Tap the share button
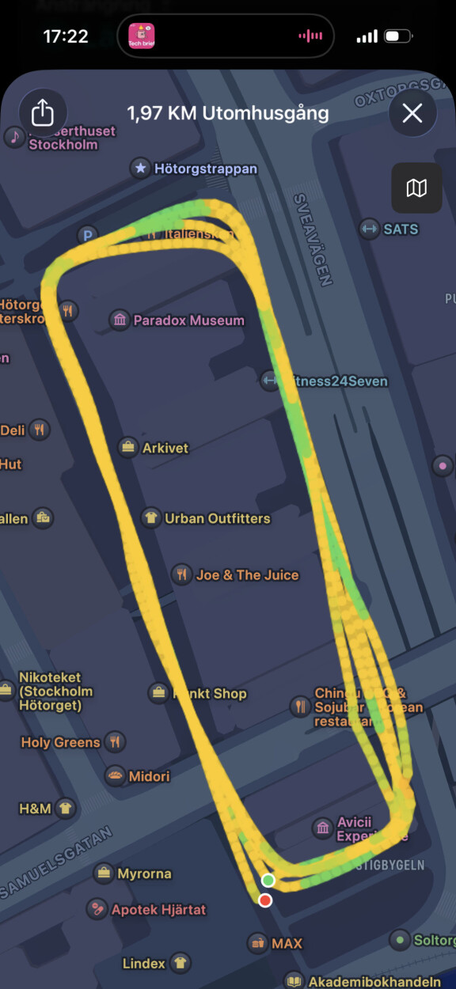(42, 113)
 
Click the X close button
(412, 113)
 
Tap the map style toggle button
(416, 188)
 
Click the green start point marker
(268, 881)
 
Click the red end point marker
(265, 900)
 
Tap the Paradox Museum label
(188, 320)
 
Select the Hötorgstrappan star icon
(140, 168)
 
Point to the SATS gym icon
(368, 229)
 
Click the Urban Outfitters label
(217, 518)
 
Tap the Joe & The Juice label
(247, 575)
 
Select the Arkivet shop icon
(127, 447)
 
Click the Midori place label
(149, 776)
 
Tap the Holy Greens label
(60, 742)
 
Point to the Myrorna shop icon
(103, 873)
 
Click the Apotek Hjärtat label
(158, 910)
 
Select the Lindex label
(144, 964)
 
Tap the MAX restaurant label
(287, 943)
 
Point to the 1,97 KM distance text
(165, 113)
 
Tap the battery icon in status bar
(395, 36)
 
